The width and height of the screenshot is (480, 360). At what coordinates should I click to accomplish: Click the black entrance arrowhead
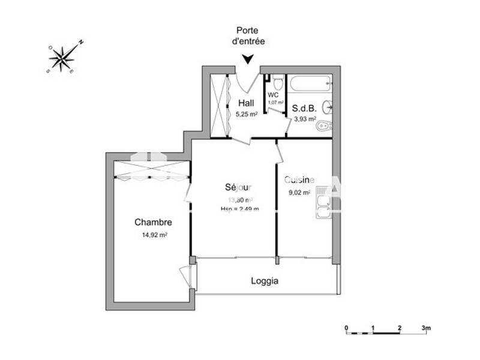[247, 59]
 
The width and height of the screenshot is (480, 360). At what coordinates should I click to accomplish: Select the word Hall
[246, 103]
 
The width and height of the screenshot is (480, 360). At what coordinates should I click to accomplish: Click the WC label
[274, 95]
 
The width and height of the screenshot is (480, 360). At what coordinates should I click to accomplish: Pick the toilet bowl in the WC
[277, 82]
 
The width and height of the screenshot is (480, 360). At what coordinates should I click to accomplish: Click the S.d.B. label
[304, 109]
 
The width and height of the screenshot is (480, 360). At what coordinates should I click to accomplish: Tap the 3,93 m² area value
[304, 119]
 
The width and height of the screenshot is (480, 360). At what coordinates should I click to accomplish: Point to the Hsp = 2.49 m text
[239, 209]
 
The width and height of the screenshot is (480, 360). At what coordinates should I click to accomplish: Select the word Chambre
[153, 222]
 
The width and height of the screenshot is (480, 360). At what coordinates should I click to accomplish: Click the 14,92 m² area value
[154, 235]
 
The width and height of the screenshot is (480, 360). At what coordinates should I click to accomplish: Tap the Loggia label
[265, 280]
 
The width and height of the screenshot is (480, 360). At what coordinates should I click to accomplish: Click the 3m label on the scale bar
[426, 328]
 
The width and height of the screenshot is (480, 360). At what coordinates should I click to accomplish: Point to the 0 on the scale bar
[346, 328]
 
